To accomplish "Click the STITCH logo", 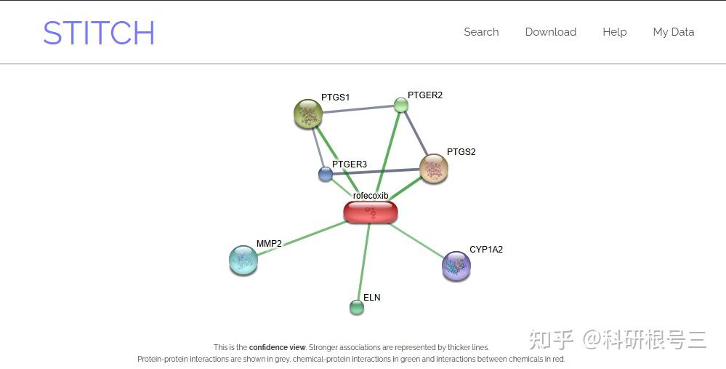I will (x=99, y=33).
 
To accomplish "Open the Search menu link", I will (x=481, y=32).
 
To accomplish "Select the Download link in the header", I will (x=550, y=32).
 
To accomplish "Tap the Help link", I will (x=614, y=32).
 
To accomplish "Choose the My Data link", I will (x=673, y=32).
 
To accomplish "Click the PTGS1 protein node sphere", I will (x=308, y=114).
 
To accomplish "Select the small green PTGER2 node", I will (x=401, y=105).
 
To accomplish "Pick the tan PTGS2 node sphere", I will (x=434, y=169).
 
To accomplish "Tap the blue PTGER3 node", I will (x=326, y=174).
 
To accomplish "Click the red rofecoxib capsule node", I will (x=371, y=212).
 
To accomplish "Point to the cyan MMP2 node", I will (x=243, y=260).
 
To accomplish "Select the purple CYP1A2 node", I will (x=456, y=266).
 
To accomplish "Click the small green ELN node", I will (x=357, y=307).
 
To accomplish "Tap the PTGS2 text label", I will (x=461, y=152).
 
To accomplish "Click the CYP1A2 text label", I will (x=485, y=250).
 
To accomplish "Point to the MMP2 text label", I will (x=269, y=244).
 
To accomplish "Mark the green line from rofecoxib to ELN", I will (x=363, y=262).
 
